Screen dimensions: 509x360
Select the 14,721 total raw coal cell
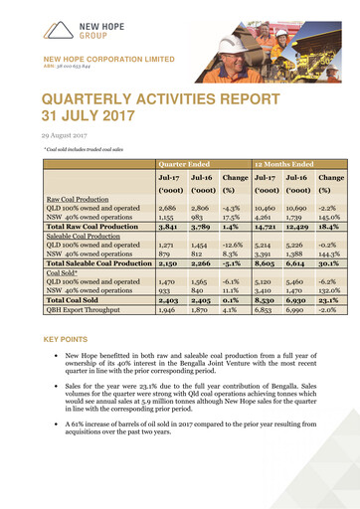[270, 229]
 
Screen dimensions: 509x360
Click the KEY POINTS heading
[65, 339]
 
